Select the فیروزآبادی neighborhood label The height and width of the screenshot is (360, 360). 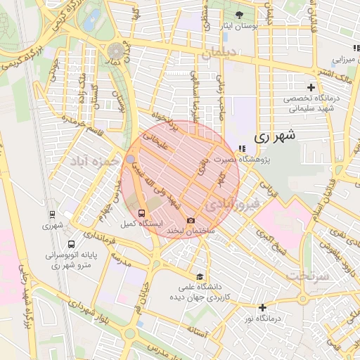(x=233, y=204)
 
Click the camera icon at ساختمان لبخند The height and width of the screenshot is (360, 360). (x=191, y=220)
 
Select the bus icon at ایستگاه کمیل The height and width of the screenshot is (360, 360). (x=142, y=212)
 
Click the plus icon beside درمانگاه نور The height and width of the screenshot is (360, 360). (x=262, y=307)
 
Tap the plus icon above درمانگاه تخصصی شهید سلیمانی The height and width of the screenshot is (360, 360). (x=311, y=86)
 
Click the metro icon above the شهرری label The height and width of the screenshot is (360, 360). (x=52, y=214)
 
